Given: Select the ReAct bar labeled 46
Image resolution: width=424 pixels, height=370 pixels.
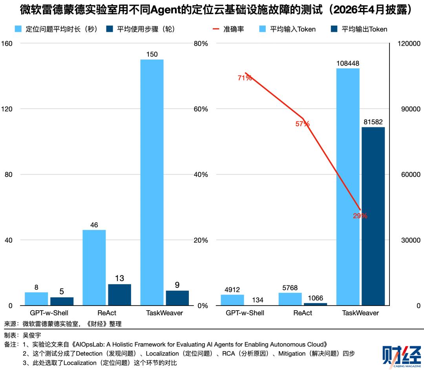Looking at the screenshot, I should point(94,267).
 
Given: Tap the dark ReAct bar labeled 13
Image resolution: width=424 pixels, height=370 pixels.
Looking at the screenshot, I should point(119,295).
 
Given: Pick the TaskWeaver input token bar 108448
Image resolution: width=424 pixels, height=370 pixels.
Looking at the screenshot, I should point(348,187).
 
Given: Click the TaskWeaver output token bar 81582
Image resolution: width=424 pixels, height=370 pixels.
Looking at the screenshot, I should point(373,216).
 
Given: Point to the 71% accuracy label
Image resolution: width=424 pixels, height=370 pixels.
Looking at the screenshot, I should point(245,78).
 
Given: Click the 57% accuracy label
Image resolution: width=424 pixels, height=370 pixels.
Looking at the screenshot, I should point(302,124).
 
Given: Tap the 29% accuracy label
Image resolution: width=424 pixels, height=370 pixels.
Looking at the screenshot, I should point(360,215).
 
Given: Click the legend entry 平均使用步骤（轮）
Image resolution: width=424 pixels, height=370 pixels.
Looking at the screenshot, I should point(145,29).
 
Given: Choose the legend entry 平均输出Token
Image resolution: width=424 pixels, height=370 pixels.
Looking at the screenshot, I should point(364,29).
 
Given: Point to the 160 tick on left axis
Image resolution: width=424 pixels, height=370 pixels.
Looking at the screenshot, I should point(7,44).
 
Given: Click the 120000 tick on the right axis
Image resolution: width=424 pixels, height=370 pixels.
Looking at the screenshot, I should point(409,44).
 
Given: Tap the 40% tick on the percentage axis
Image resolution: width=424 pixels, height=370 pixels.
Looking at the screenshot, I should point(201,175).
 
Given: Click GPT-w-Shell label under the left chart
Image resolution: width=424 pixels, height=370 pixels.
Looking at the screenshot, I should point(49,313).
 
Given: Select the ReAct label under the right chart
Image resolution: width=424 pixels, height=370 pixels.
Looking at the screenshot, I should point(303,313).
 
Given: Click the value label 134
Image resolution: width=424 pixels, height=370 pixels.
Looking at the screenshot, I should point(258,300).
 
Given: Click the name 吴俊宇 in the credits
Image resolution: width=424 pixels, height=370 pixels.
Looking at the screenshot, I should point(32,335).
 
